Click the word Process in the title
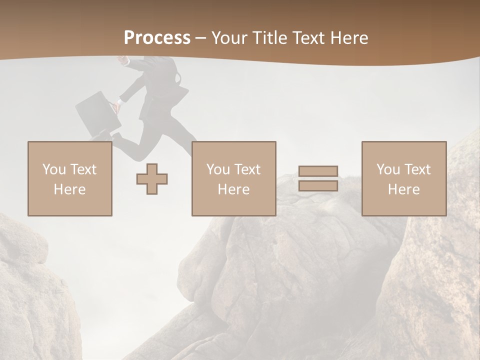157,38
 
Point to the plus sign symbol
152,179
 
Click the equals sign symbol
318,178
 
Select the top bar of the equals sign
318,171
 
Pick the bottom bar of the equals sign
318,186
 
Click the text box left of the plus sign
70,178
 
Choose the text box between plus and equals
233,178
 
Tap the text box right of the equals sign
403,178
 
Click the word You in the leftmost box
53,169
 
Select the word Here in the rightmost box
403,189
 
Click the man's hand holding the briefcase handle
116,106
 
